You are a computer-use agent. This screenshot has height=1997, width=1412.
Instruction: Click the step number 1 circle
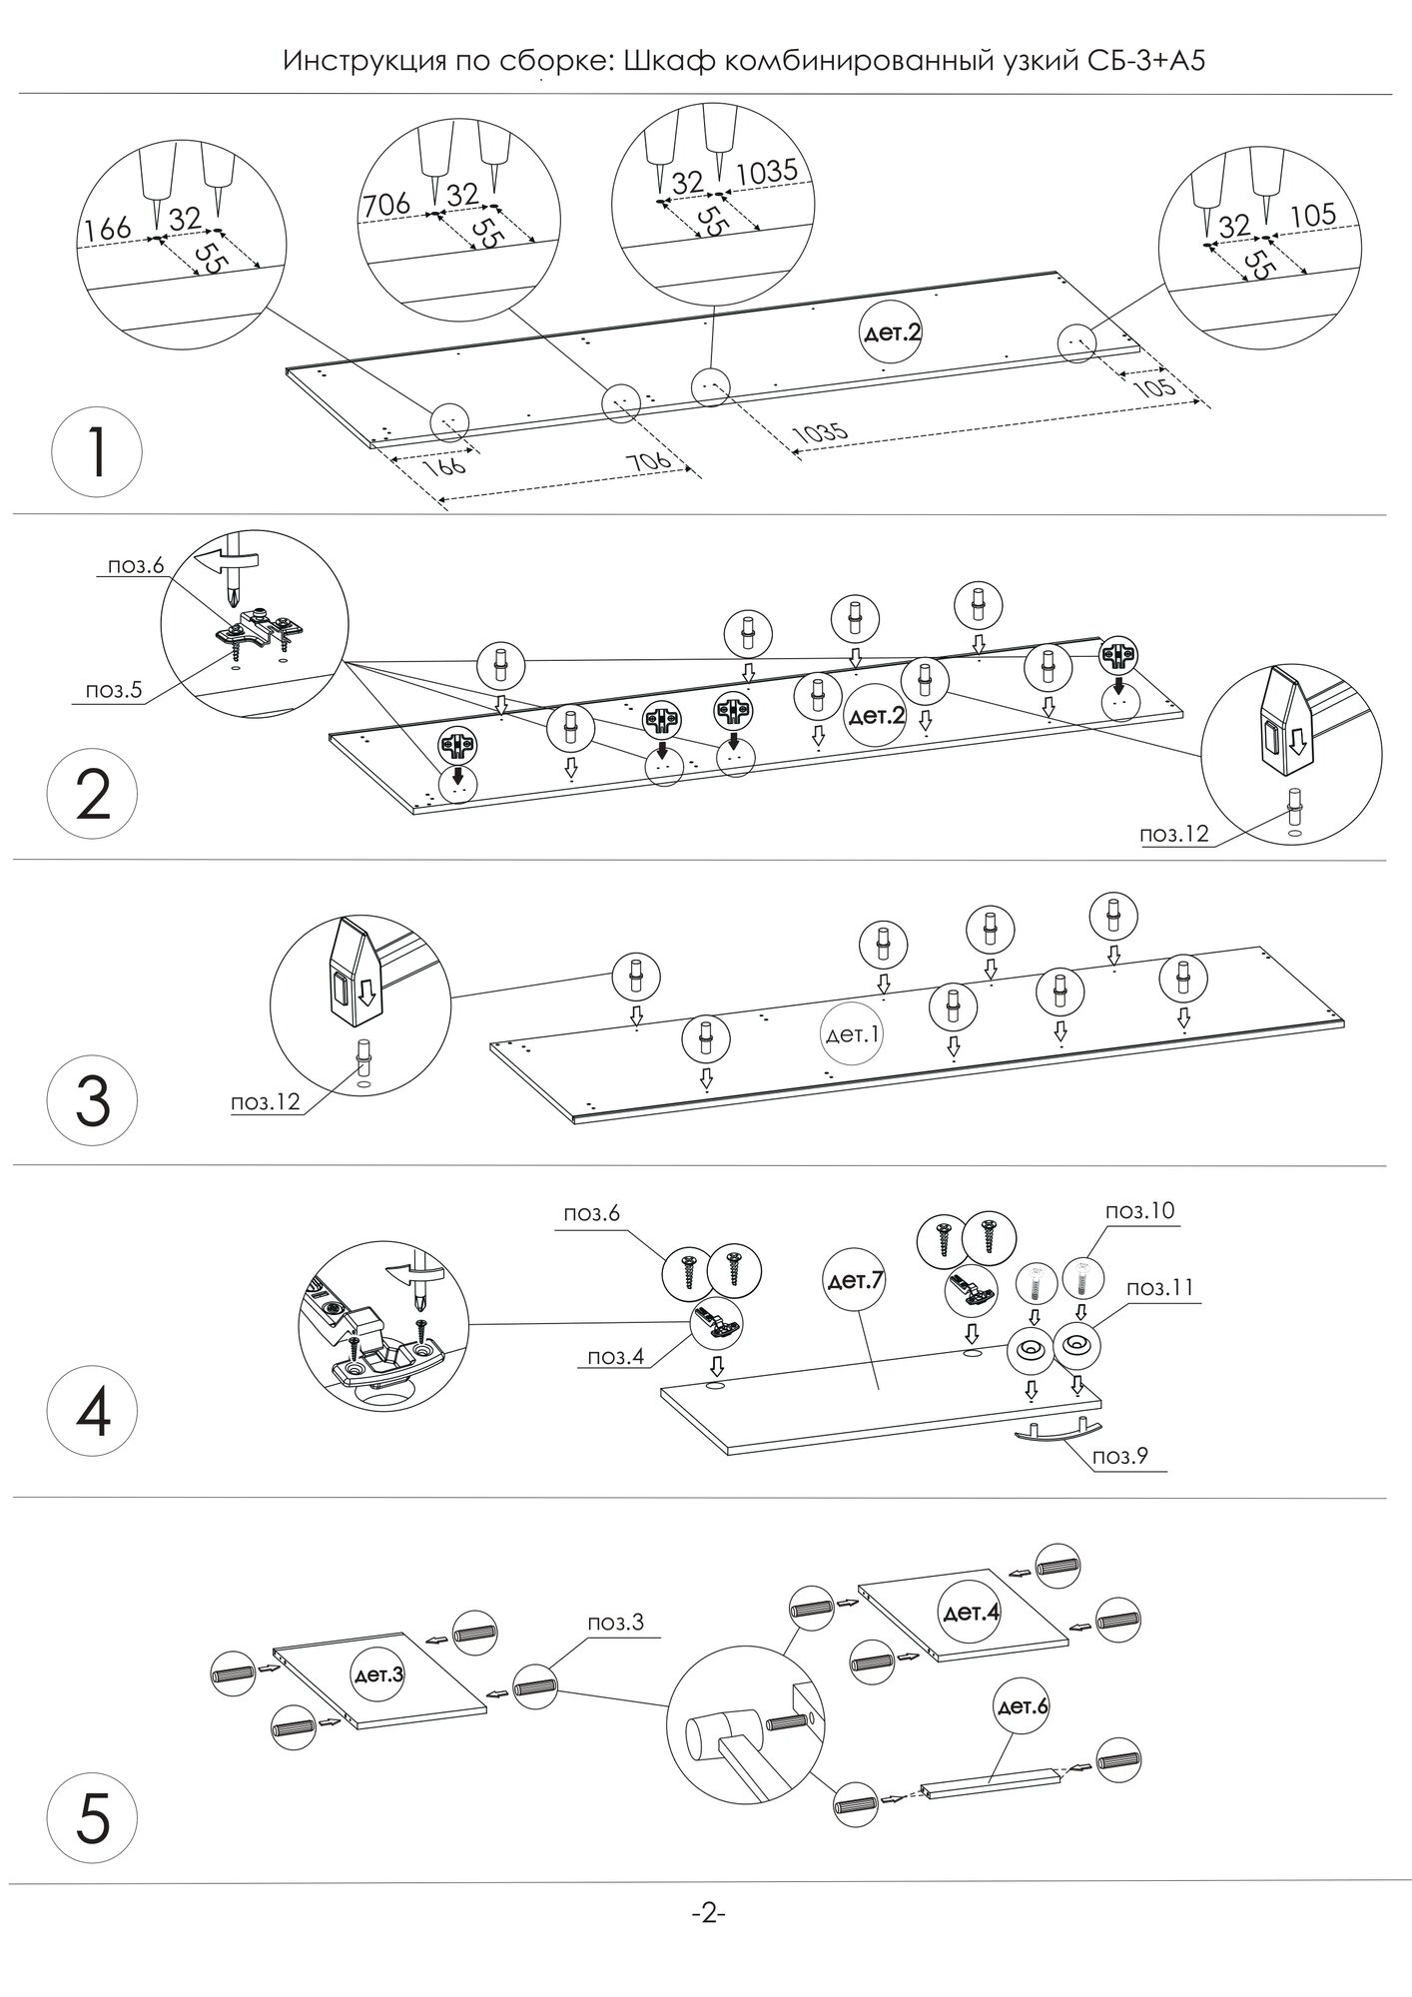pos(96,453)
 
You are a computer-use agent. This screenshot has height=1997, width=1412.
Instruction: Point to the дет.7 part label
pos(853,1280)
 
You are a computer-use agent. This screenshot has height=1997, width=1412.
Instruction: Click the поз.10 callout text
pos(1139,1211)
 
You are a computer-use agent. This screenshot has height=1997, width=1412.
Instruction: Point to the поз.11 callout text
pos(1160,1288)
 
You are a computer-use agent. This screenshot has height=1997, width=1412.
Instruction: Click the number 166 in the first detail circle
pos(108,230)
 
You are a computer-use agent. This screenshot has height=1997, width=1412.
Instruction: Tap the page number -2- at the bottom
pos(706,1914)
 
